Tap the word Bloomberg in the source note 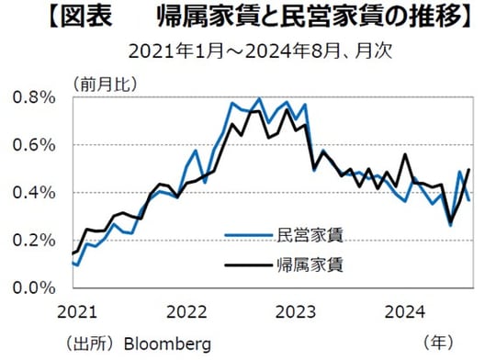[x=169, y=343]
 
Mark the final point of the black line [x=470, y=169]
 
